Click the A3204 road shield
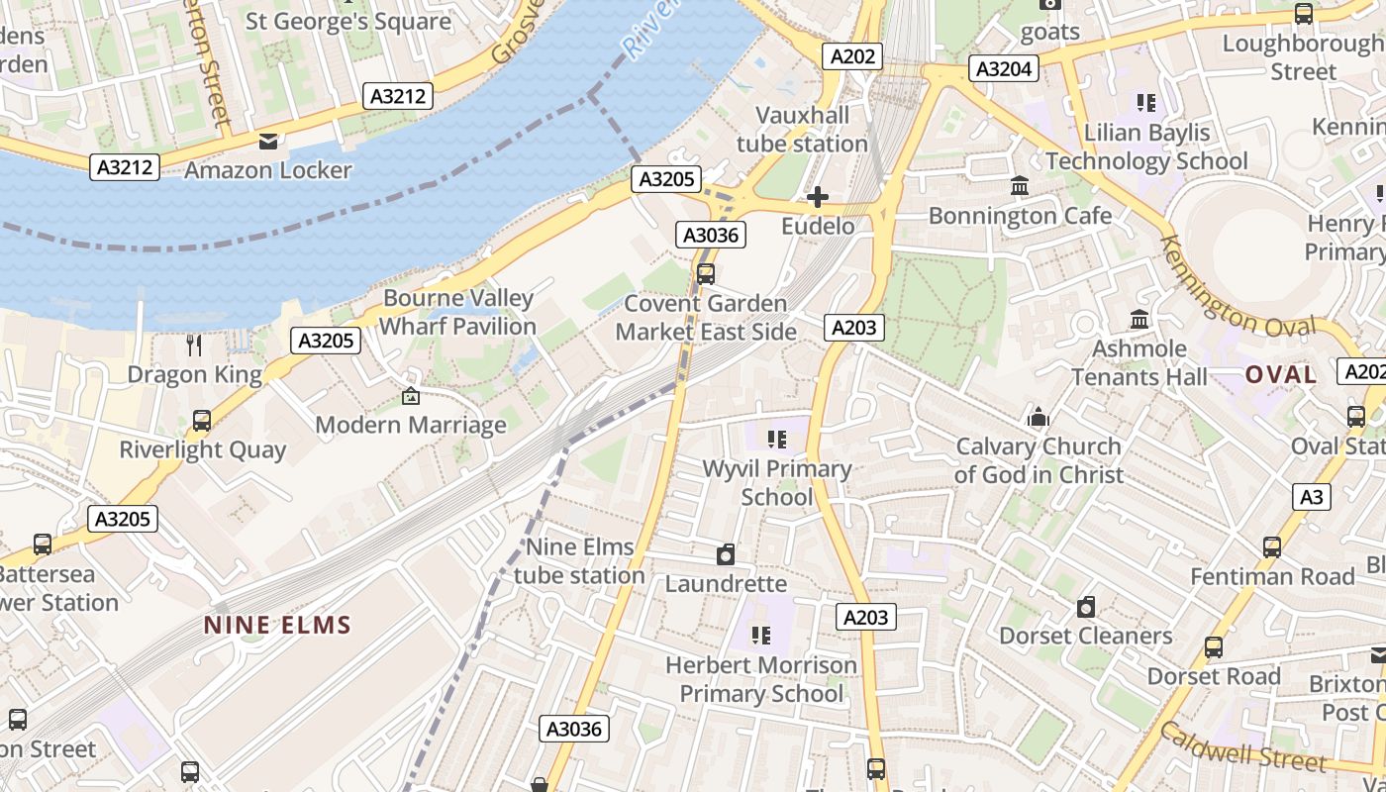(x=1005, y=68)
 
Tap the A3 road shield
(x=1311, y=497)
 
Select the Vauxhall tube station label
(x=802, y=130)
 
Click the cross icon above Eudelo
(x=818, y=198)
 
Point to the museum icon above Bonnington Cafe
(x=1020, y=186)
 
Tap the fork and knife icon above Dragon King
(x=194, y=345)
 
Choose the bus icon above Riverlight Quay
(x=202, y=421)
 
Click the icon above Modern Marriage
(x=411, y=397)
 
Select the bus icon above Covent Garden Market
(x=706, y=274)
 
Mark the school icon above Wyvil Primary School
(x=777, y=439)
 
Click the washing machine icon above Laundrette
(x=726, y=554)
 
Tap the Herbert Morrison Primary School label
(x=761, y=679)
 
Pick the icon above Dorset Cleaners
(x=1086, y=607)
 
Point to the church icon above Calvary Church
(x=1038, y=417)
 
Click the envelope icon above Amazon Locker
(x=267, y=142)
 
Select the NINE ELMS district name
(x=277, y=626)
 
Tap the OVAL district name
(x=1281, y=375)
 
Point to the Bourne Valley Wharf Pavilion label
(x=458, y=312)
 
